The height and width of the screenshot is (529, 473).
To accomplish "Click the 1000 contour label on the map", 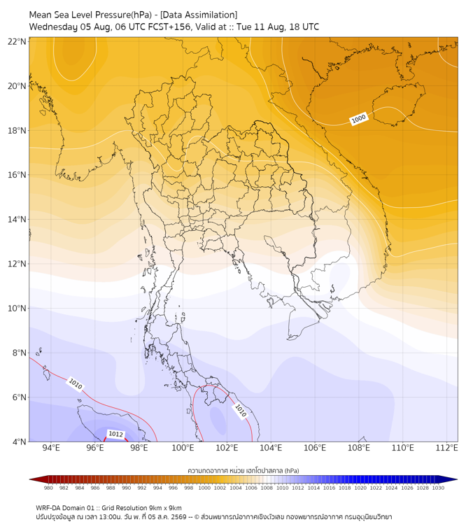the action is click(358, 119).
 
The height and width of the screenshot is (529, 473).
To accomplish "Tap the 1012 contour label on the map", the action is click(115, 434).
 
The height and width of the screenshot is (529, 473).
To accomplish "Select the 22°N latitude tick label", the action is click(17, 41).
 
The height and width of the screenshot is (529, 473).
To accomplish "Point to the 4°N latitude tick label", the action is click(19, 442).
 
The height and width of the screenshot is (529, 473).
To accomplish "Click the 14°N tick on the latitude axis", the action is click(17, 219).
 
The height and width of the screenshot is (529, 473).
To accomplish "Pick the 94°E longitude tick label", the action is click(51, 448).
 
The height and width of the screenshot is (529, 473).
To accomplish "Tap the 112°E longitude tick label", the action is click(446, 448).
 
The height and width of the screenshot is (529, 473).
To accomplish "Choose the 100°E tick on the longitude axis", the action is click(183, 448).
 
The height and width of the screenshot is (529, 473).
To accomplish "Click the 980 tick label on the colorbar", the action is click(48, 488).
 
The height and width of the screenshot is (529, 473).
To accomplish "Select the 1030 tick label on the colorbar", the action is click(438, 488).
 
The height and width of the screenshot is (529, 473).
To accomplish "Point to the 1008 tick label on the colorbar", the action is click(267, 488).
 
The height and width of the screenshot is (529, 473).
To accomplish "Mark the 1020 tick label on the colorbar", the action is click(360, 488).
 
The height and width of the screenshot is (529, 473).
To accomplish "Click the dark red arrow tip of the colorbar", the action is click(30, 479).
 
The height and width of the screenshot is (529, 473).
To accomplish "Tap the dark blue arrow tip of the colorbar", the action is click(457, 479).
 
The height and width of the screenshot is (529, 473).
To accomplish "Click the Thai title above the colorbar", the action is click(243, 470).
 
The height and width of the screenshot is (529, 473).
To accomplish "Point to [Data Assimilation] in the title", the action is click(199, 15).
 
